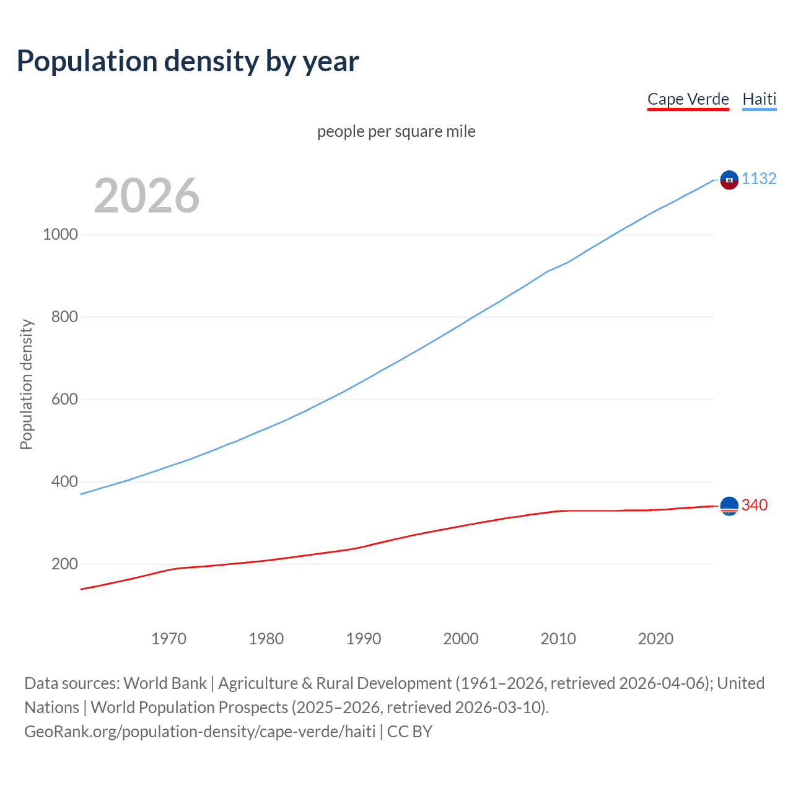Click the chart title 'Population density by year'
[188, 61]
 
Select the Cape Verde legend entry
[688, 99]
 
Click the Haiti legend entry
[759, 99]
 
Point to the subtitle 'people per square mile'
[396, 131]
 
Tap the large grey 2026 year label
[147, 196]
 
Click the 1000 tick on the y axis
[60, 234]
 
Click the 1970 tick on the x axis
[169, 639]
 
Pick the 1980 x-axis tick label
[266, 639]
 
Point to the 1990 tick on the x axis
[364, 639]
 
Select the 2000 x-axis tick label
[461, 639]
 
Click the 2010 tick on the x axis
[558, 639]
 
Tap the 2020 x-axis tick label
[655, 639]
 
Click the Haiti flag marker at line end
[729, 180]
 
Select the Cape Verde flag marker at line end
[729, 506]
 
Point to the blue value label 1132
[759, 178]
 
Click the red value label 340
[754, 505]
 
